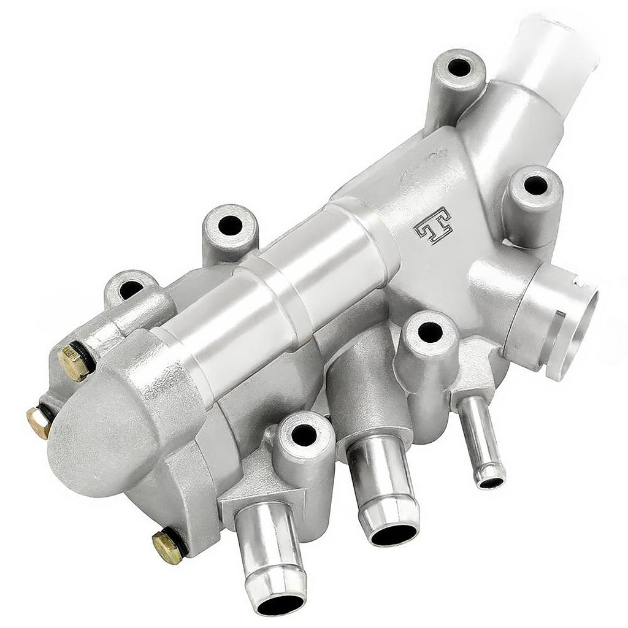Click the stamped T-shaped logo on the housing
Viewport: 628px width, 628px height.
point(433,226)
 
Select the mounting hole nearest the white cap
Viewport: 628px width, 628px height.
point(459,67)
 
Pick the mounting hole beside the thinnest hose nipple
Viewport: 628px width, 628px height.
point(429,332)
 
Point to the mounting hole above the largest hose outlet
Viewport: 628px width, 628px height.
point(304,435)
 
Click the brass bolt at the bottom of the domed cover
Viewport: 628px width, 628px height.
point(167,545)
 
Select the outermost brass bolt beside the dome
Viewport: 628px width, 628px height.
point(39,422)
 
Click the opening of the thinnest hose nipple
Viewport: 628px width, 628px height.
point(491,483)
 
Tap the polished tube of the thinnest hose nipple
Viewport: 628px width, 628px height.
point(480,435)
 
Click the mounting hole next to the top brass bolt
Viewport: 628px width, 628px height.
point(130,288)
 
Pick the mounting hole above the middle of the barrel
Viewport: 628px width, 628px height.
point(230,226)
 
